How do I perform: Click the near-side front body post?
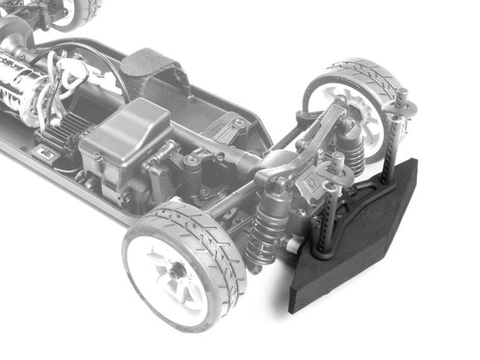pos(324,219)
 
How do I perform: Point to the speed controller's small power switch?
pos(47,154)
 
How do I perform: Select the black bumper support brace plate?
pos(364,194)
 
